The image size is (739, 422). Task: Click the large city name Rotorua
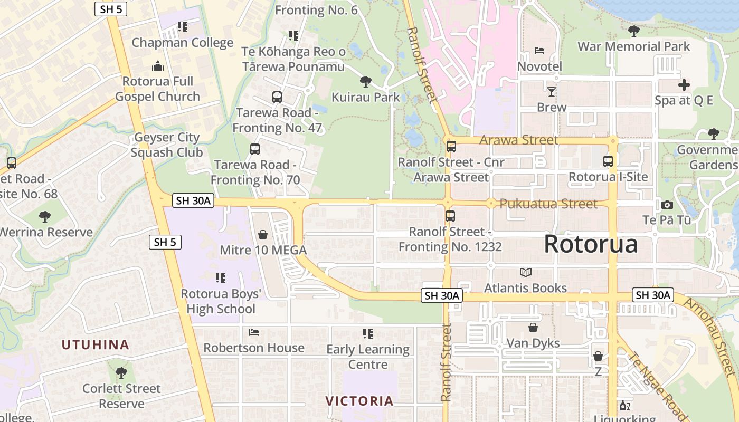591,244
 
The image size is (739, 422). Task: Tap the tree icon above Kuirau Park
365,82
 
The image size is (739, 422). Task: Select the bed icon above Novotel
539,51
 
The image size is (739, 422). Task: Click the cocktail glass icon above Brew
552,92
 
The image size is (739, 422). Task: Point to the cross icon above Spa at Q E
684,85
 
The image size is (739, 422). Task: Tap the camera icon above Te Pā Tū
667,205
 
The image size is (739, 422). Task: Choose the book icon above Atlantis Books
526,272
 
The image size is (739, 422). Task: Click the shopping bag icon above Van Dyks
533,328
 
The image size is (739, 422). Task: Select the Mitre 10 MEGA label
263,250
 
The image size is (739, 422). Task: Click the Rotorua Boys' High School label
221,301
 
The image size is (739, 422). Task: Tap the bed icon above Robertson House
254,332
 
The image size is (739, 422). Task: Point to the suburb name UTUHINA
96,345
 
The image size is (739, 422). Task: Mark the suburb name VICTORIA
359,401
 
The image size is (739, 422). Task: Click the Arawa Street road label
518,140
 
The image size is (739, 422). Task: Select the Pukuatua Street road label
548,204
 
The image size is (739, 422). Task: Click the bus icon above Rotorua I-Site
608,161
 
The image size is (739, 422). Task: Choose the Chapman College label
182,43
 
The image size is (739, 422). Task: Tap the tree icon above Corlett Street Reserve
121,373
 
